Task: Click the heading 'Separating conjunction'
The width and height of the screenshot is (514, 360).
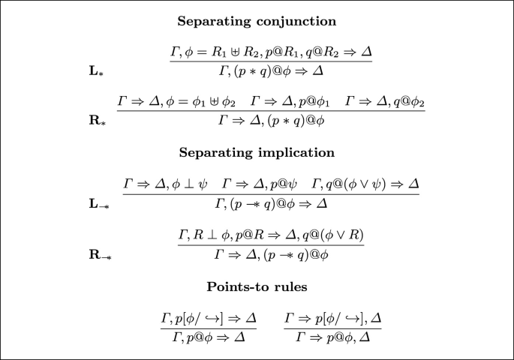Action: pyautogui.click(x=257, y=21)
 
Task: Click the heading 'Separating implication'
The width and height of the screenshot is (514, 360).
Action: pyautogui.click(x=257, y=152)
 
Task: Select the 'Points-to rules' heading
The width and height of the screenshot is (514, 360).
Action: pyautogui.click(x=257, y=286)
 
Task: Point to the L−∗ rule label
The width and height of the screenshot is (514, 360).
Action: pyautogui.click(x=98, y=202)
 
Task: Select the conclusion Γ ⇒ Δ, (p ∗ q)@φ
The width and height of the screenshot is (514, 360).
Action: pyautogui.click(x=270, y=118)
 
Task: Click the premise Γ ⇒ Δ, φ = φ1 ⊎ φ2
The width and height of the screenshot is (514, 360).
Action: pyautogui.click(x=176, y=100)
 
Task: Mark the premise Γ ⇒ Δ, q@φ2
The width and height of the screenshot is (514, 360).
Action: pyautogui.click(x=385, y=100)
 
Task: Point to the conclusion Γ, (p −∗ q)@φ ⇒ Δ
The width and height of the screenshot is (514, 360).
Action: pyautogui.click(x=270, y=202)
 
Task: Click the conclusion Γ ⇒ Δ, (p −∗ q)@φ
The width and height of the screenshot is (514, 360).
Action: pyautogui.click(x=270, y=254)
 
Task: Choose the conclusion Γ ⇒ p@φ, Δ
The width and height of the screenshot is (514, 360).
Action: pyautogui.click(x=333, y=337)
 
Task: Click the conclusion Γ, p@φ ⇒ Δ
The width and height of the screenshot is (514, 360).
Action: pyautogui.click(x=209, y=337)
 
